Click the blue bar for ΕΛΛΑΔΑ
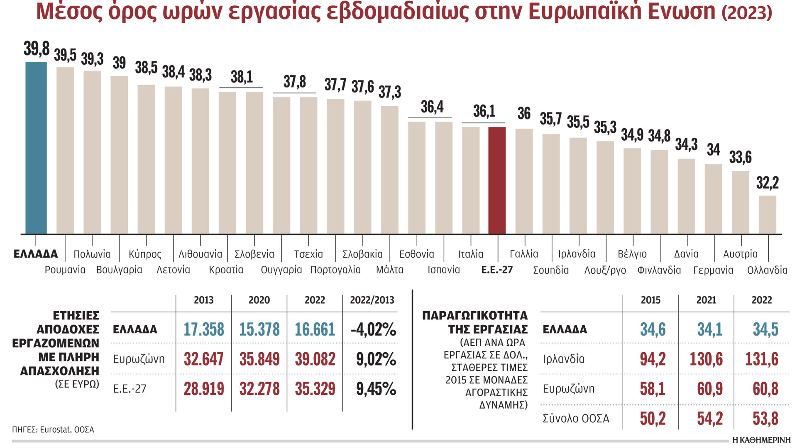click(x=36, y=148)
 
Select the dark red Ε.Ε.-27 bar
click(x=497, y=180)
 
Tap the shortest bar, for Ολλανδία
click(x=767, y=214)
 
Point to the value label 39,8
click(x=37, y=49)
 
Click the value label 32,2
click(x=768, y=183)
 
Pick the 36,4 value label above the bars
click(x=432, y=107)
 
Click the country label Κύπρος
click(x=145, y=254)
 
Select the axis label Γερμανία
click(x=713, y=270)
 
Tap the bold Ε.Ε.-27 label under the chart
click(x=497, y=270)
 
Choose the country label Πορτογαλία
click(x=335, y=270)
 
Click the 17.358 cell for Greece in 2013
click(x=203, y=329)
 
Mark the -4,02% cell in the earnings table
click(x=373, y=329)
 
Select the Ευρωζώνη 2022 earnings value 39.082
click(x=315, y=359)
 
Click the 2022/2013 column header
click(x=372, y=300)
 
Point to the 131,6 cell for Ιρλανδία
click(x=762, y=359)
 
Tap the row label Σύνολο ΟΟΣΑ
click(x=576, y=419)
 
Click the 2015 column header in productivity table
click(x=650, y=300)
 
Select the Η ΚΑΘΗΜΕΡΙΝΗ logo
click(x=761, y=440)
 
